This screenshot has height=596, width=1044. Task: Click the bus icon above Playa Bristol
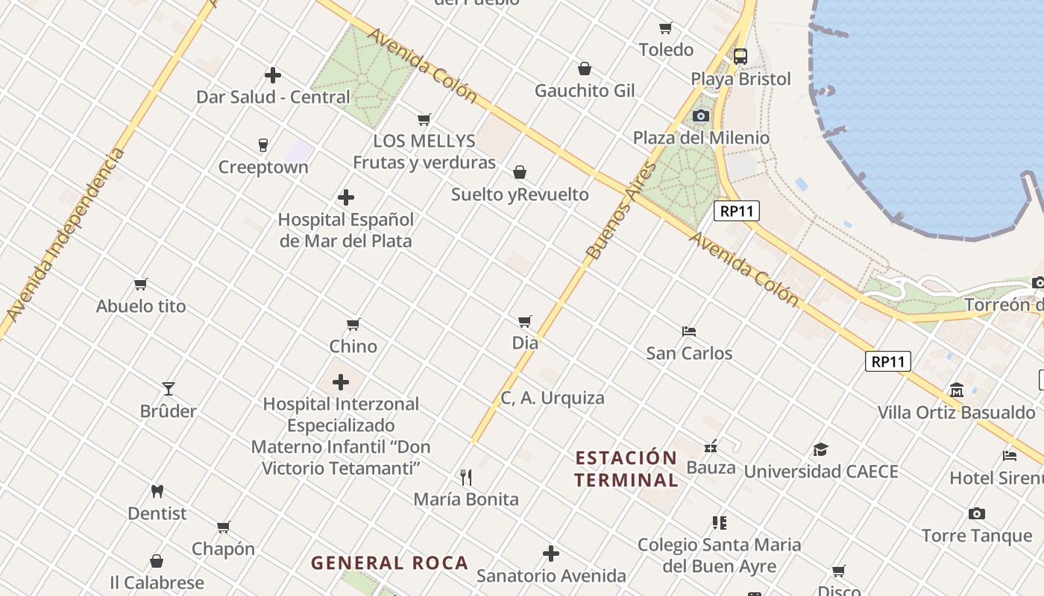point(740,56)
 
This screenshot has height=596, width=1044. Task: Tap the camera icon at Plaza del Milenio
point(700,115)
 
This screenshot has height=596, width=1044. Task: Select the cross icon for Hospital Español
point(345,197)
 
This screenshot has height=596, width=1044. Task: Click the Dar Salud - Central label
point(273,97)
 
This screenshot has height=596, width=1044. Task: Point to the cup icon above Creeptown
point(262,145)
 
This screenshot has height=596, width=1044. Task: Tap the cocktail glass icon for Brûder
point(169,388)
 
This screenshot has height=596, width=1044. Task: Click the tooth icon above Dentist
point(157,491)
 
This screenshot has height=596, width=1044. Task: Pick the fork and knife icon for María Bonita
point(466,477)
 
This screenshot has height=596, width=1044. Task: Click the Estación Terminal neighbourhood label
point(626,468)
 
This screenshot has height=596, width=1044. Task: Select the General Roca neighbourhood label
point(389,562)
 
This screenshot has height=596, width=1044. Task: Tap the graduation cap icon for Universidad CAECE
point(820,449)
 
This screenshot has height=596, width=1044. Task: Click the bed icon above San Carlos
point(689,331)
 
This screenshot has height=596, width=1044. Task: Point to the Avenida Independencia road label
point(66,235)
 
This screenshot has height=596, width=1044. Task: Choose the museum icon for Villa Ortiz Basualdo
point(956,390)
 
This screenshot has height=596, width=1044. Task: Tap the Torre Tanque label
point(976,536)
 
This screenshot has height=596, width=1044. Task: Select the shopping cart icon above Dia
point(525,321)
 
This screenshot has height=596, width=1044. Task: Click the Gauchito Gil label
point(585,91)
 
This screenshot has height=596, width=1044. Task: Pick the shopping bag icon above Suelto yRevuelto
point(520,172)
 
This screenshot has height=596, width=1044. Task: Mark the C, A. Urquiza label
point(552,398)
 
